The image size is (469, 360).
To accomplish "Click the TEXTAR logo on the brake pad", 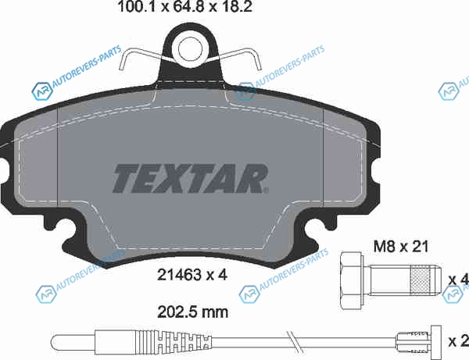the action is (x=190, y=178).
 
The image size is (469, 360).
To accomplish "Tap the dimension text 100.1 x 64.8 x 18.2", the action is (x=185, y=6).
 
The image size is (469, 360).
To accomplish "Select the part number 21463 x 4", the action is (x=192, y=275).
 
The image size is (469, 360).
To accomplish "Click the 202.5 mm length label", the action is (x=192, y=312).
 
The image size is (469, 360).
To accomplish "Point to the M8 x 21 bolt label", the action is (x=401, y=247).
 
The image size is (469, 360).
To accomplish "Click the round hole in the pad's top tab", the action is (x=190, y=49).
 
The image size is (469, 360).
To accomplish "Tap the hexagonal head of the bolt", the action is (x=351, y=280).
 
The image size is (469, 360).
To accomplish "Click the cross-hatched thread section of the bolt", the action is (x=421, y=280).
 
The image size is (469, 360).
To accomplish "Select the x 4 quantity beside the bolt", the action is (x=459, y=280).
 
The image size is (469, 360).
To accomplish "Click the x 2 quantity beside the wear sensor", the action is (x=459, y=341).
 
